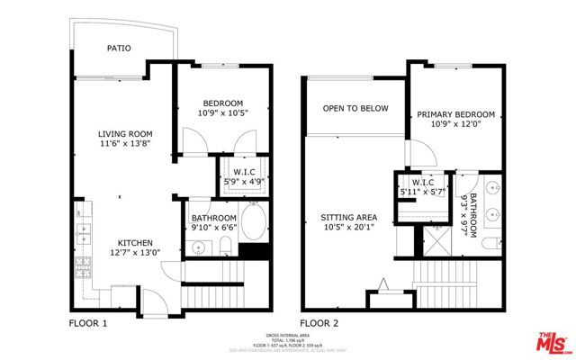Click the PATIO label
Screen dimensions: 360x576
click(119, 49)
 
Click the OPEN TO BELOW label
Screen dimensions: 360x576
click(355, 109)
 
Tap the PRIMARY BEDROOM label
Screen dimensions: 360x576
click(454, 114)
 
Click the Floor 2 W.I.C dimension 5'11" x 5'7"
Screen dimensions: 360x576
click(423, 193)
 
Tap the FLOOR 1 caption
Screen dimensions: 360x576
click(88, 321)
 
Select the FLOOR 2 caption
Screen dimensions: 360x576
click(319, 321)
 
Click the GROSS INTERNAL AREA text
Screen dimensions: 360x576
click(287, 332)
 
